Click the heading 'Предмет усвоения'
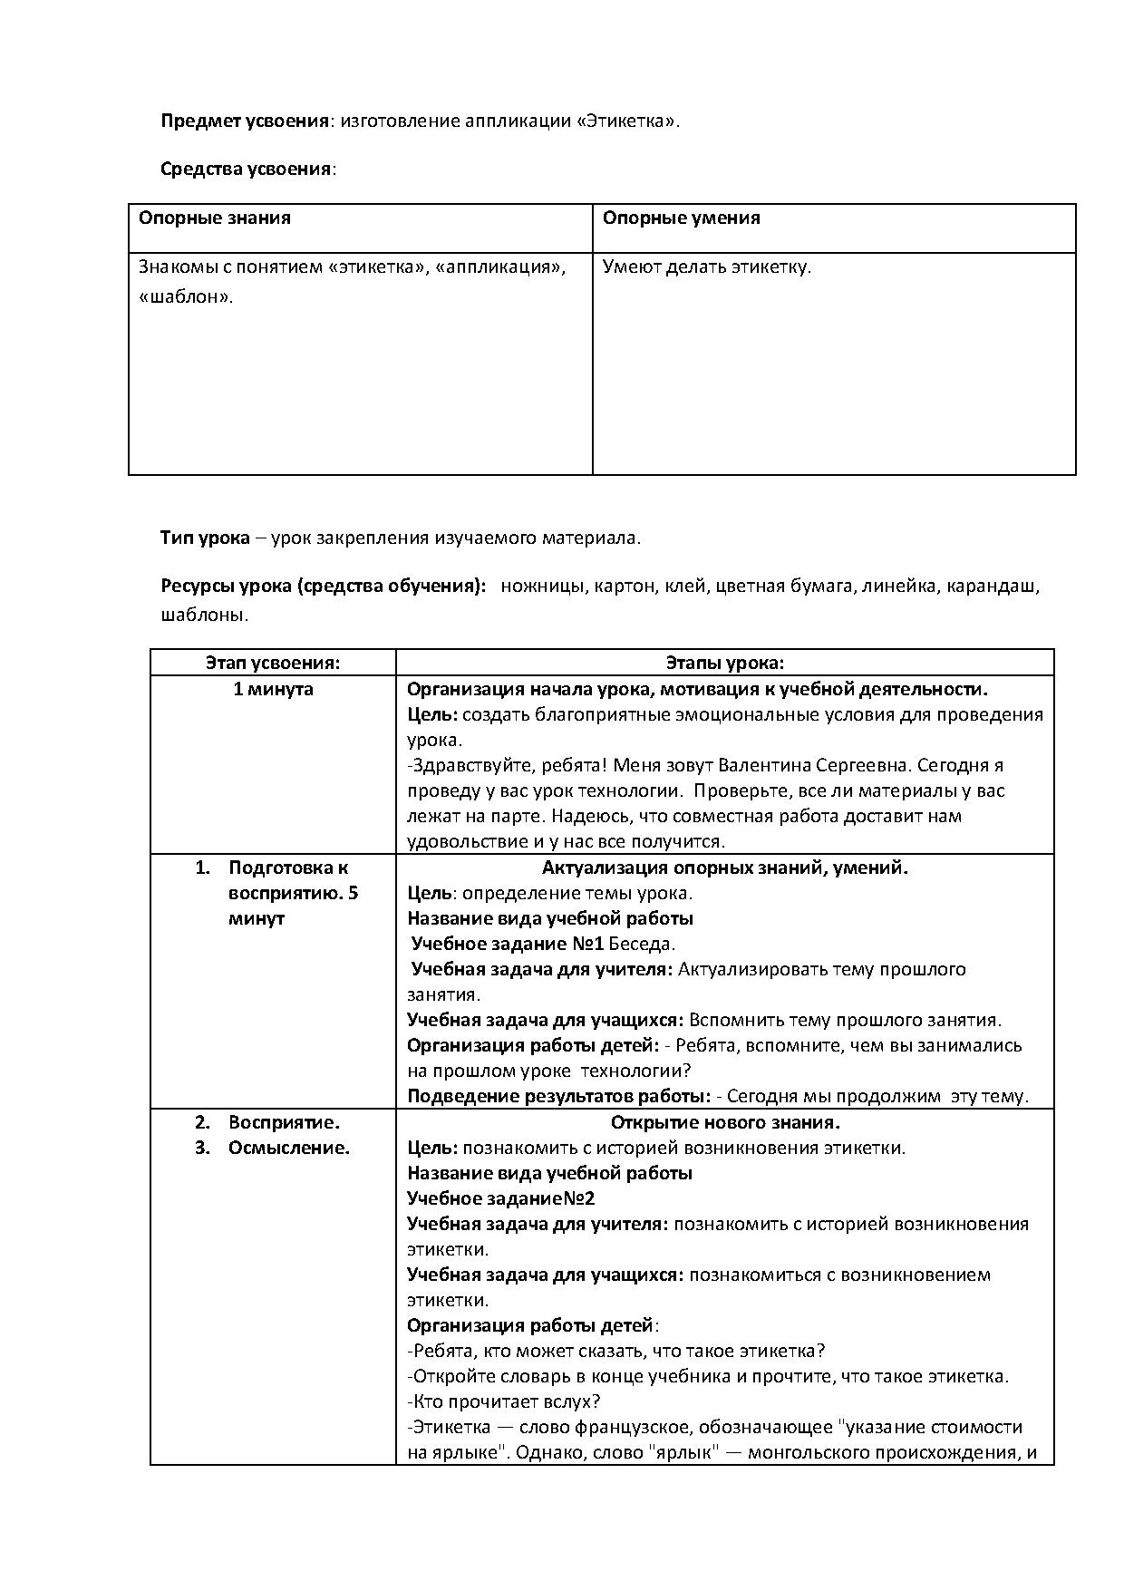coord(244,121)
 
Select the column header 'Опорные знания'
coord(215,218)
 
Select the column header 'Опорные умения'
coord(682,218)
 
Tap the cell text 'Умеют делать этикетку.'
coord(707,267)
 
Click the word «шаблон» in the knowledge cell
coord(186,296)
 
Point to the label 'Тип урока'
coord(205,538)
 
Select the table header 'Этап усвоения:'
coord(273,663)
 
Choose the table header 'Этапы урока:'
coord(725,663)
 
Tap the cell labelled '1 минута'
coord(273,689)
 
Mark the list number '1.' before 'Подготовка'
coord(202,868)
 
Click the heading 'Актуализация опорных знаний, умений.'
coord(725,868)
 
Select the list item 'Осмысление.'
coord(289,1148)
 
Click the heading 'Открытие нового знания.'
coord(725,1122)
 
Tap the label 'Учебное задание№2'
coord(501,1198)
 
